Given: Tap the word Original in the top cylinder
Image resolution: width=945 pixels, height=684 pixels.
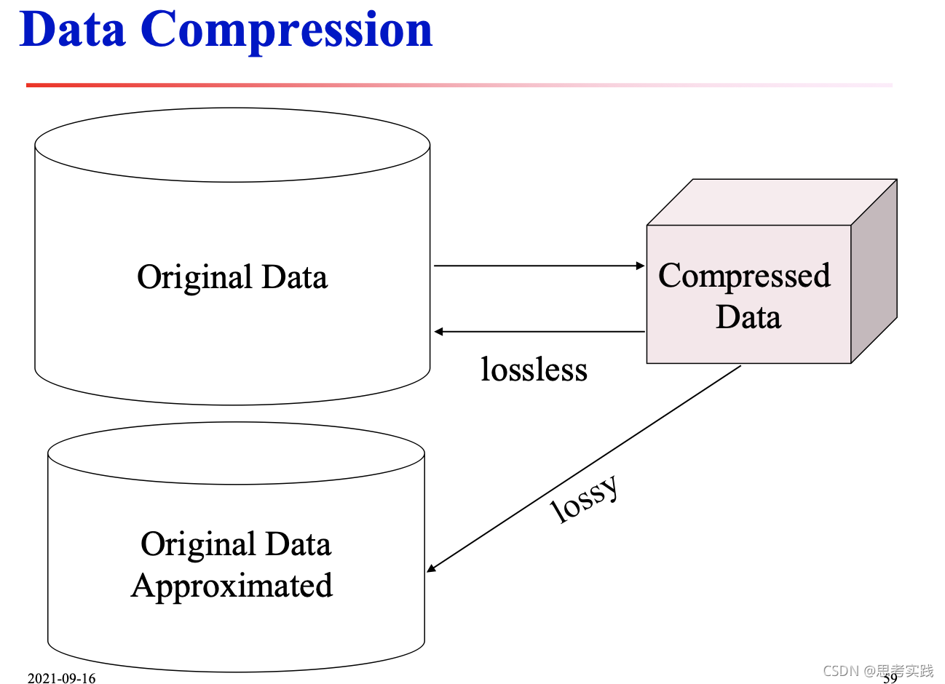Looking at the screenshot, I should click(x=194, y=278).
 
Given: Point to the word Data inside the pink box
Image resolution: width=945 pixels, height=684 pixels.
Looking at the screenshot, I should click(x=748, y=317).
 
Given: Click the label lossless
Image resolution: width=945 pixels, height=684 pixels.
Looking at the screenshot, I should click(x=534, y=370).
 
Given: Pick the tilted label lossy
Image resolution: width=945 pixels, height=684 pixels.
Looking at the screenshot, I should click(x=585, y=498).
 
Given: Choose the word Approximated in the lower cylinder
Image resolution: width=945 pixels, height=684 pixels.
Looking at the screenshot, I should click(x=232, y=586).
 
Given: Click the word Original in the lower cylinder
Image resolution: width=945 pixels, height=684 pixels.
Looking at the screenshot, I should click(x=198, y=545).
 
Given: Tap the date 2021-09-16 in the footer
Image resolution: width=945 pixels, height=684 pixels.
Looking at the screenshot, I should click(x=61, y=678).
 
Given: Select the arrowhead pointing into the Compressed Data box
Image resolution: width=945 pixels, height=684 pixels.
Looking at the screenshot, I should click(x=641, y=266).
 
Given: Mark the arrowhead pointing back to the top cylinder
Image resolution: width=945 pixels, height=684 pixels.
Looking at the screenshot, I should click(x=439, y=332).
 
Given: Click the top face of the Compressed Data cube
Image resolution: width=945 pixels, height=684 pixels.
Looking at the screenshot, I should click(x=772, y=202).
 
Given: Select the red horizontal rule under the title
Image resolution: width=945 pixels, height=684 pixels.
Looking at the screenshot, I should click(x=291, y=85).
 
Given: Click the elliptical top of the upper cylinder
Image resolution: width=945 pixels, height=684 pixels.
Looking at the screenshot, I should click(x=232, y=145).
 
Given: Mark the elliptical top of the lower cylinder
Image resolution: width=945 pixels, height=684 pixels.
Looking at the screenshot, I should click(x=236, y=453).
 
